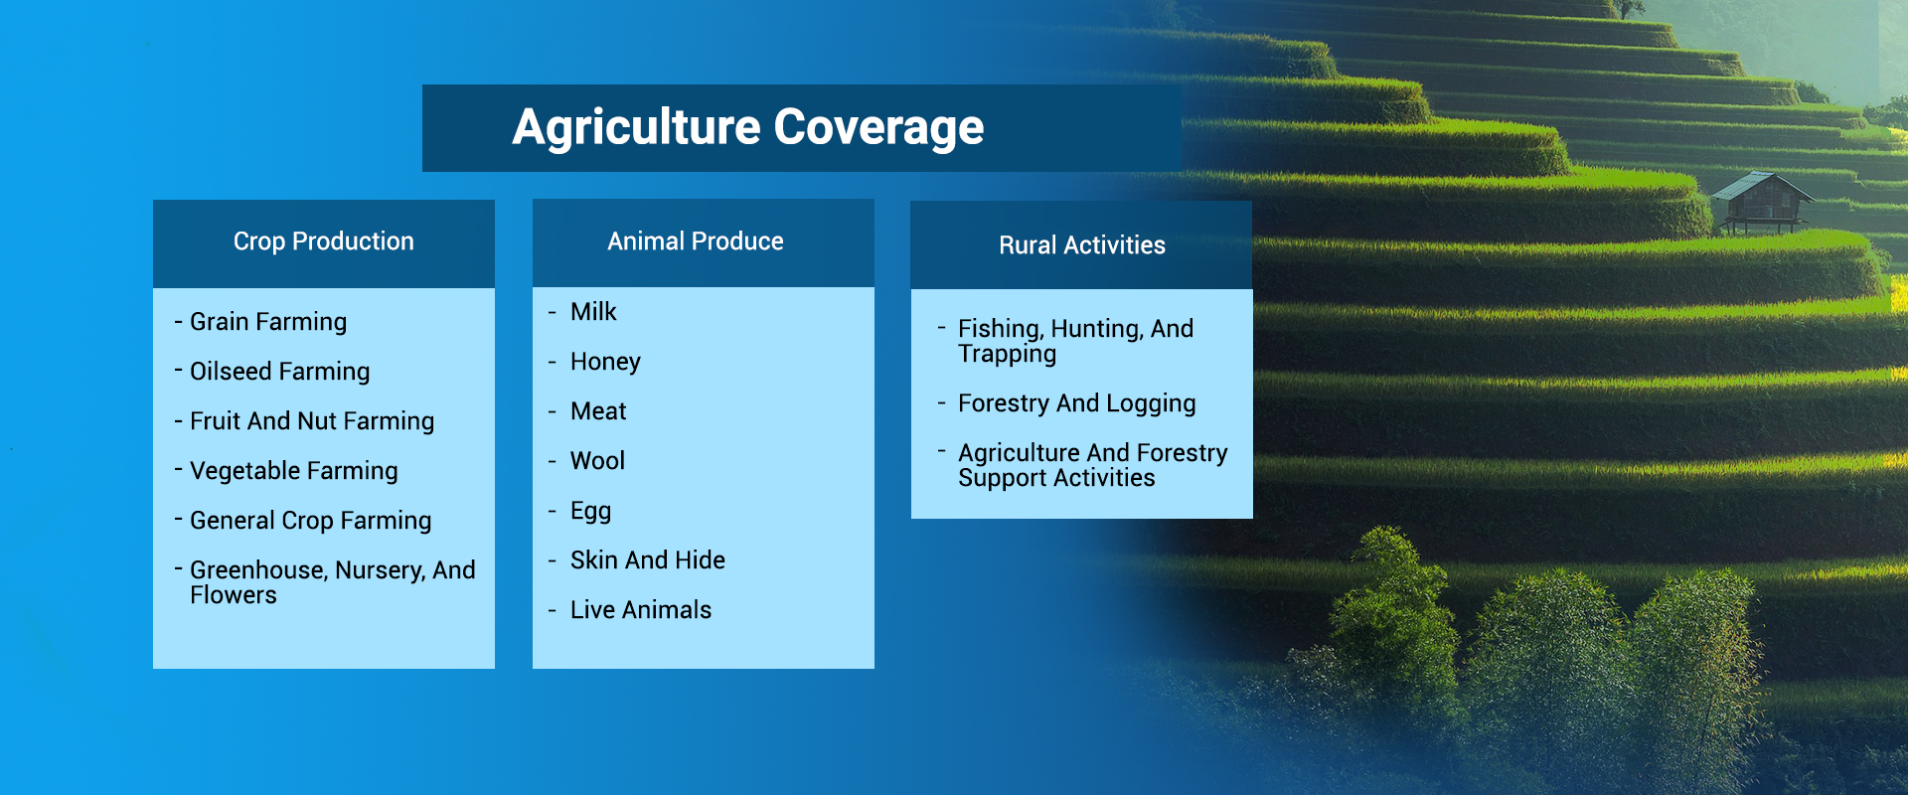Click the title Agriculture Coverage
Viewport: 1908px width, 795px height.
click(747, 128)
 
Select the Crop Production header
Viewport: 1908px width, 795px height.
click(323, 241)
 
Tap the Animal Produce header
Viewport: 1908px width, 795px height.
click(696, 241)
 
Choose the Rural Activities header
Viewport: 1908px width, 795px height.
click(1082, 245)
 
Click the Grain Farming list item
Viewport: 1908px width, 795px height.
click(268, 322)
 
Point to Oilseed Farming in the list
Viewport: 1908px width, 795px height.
click(279, 372)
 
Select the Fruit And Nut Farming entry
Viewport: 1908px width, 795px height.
click(312, 421)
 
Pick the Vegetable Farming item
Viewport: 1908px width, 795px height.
click(293, 471)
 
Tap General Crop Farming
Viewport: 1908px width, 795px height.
click(310, 521)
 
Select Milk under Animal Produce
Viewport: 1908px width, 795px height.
click(593, 312)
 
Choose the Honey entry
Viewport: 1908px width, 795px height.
click(605, 363)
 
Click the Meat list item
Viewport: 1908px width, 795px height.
click(598, 411)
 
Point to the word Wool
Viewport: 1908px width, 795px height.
click(597, 461)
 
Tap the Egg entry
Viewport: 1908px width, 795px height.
click(590, 512)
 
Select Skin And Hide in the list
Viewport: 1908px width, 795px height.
click(648, 560)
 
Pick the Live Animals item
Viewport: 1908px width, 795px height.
click(641, 610)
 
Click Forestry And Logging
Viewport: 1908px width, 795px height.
click(1076, 403)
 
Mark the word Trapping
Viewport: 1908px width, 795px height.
click(1007, 355)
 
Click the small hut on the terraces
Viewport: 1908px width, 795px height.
click(1761, 202)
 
